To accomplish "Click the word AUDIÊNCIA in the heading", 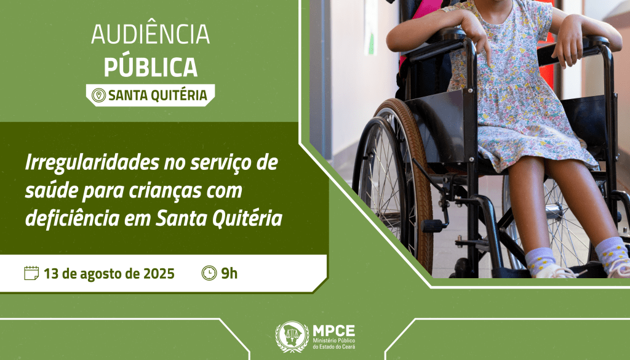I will [150, 35].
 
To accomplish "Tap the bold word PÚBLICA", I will [150, 66].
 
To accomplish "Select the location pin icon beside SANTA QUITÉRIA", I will [97, 95].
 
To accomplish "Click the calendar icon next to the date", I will [31, 273].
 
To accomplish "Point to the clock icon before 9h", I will [209, 273].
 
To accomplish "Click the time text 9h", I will [229, 273].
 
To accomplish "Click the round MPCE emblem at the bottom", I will [292, 337].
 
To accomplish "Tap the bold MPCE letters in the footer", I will [334, 330].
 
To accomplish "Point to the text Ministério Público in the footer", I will [334, 341].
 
